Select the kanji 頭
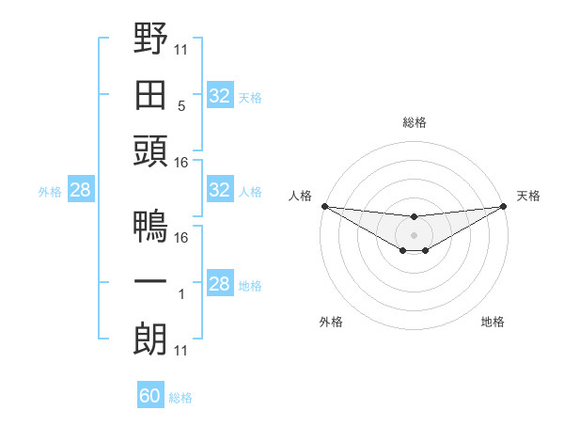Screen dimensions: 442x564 coord(150,151)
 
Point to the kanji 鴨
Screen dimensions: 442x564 coord(150,227)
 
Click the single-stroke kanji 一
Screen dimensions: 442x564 coord(150,283)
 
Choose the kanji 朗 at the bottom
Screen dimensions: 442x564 coord(150,339)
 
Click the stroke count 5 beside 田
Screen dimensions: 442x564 coord(181,106)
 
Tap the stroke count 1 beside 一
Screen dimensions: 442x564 coord(181,294)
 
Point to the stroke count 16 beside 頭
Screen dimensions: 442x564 coord(181,163)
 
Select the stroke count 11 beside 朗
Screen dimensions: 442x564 coord(181,351)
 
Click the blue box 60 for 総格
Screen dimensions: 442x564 coord(150,396)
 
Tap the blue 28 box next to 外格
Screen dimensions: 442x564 coord(80,190)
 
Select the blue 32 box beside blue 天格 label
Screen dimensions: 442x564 coord(219,95)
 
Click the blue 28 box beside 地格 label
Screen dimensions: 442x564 coord(219,284)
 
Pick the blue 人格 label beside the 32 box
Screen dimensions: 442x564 coord(250,191)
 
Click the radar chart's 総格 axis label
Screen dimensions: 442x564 coord(415,122)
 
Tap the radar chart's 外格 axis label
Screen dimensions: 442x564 coord(331,322)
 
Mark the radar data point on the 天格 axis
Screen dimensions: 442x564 coord(504,206)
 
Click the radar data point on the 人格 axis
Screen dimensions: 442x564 coord(324,206)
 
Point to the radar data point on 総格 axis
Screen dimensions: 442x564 coord(415,217)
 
